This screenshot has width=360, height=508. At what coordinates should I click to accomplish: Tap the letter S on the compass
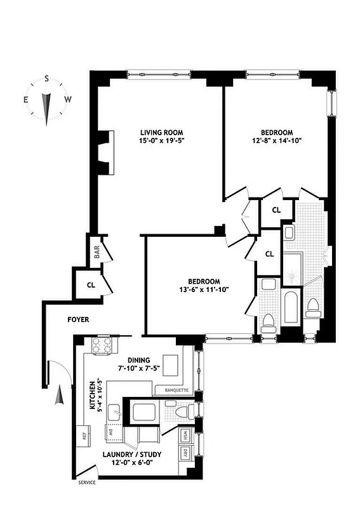pos(47,79)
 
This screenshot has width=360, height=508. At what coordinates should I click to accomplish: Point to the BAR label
pos(97,252)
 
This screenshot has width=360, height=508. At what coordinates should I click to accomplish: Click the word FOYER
pos(78,320)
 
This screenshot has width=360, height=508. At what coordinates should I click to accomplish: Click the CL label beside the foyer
pos(91,285)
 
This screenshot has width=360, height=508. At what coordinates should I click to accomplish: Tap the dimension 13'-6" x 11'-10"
pos(204,290)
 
